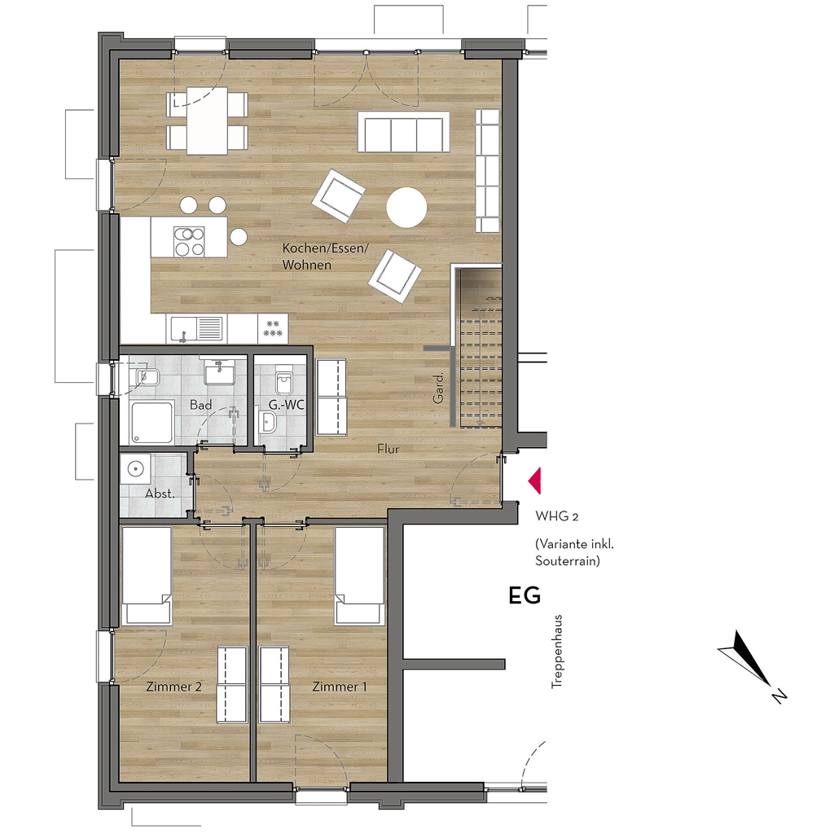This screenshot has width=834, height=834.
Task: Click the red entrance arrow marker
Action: [x=535, y=481]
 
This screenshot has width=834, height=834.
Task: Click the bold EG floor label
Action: [x=525, y=595]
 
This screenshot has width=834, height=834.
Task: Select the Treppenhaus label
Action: [x=556, y=652]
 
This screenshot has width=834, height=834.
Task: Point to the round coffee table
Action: [x=406, y=208]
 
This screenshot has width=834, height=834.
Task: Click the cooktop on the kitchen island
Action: [x=189, y=241]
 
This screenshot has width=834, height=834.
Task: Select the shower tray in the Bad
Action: [x=152, y=423]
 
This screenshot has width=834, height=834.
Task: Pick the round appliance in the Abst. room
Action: [x=135, y=469]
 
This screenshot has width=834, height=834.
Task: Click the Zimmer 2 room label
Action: [x=174, y=687]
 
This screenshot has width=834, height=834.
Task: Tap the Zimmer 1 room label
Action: [x=340, y=687]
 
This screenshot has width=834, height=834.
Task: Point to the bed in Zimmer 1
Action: [x=359, y=576]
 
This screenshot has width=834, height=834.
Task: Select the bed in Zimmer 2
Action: [x=147, y=576]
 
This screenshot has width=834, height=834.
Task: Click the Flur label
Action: [x=388, y=449]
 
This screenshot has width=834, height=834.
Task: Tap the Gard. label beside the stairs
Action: [x=438, y=388]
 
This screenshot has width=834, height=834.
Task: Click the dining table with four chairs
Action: [x=207, y=121]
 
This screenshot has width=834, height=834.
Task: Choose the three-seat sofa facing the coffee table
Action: [x=404, y=132]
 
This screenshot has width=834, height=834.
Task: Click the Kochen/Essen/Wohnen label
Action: [x=325, y=257]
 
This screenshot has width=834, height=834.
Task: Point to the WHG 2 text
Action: [x=557, y=516]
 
